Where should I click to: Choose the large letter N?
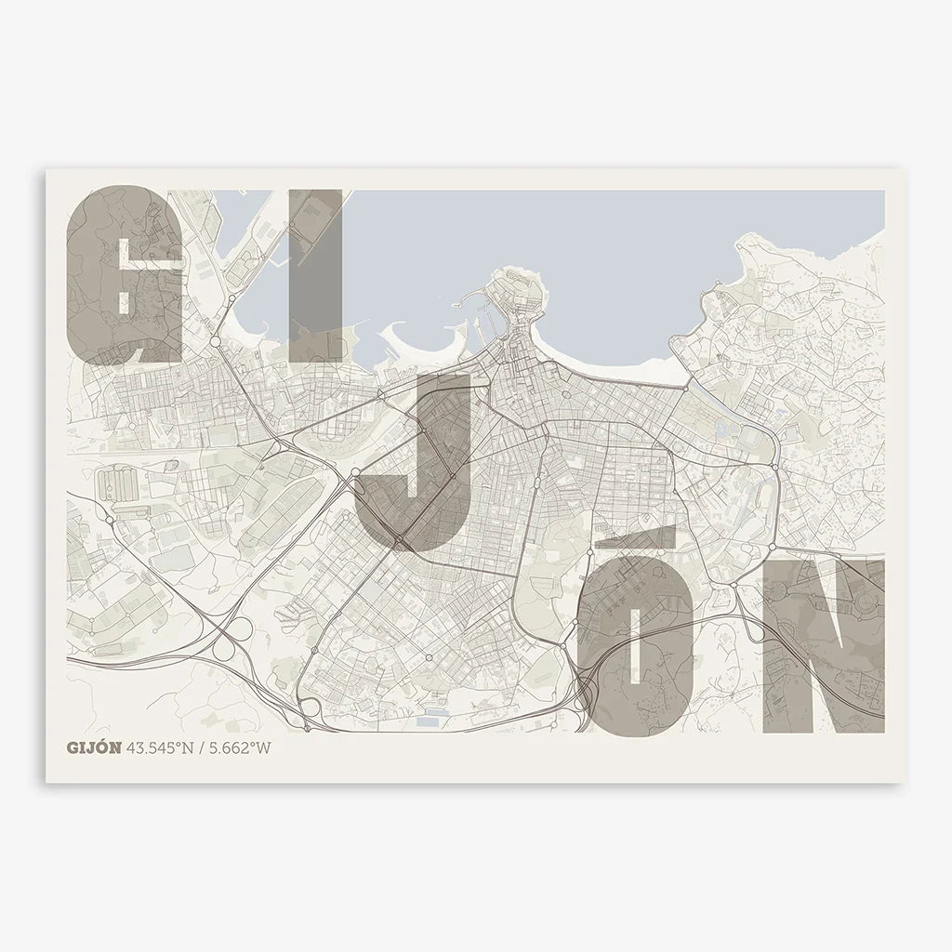tap(823, 646)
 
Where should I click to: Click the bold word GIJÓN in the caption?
tap(94, 747)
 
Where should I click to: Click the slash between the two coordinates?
tap(206, 747)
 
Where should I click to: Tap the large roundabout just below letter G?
tap(216, 342)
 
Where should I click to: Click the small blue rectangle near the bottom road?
tap(430, 721)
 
